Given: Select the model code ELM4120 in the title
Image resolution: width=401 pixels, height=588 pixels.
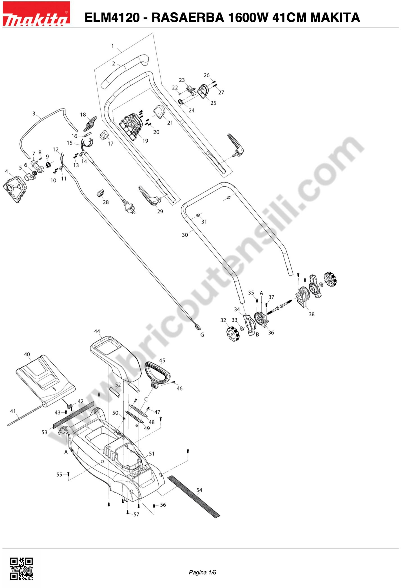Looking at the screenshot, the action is pyautogui.click(x=112, y=17).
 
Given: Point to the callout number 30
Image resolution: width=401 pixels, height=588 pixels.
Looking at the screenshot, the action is pyautogui.click(x=185, y=235).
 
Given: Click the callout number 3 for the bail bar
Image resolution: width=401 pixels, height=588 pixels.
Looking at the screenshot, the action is pyautogui.click(x=34, y=114).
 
